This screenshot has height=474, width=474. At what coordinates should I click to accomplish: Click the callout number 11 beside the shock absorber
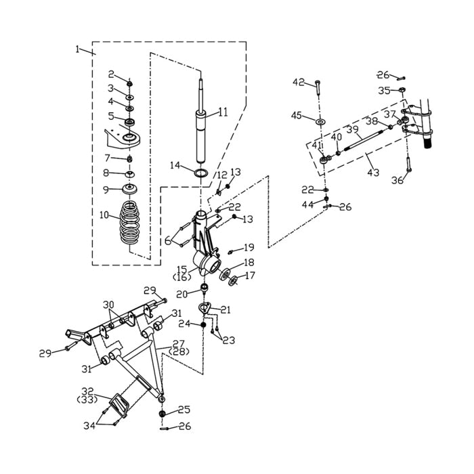(x=223, y=111)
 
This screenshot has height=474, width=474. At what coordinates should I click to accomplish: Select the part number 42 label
(x=299, y=82)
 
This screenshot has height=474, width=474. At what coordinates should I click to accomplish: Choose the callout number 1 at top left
(x=79, y=49)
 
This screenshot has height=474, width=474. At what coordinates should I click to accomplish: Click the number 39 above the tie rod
(x=352, y=129)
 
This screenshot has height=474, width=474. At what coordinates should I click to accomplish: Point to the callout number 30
(x=108, y=304)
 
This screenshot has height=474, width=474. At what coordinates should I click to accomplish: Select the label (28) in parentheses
(x=177, y=352)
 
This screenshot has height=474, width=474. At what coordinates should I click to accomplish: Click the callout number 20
(x=181, y=294)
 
